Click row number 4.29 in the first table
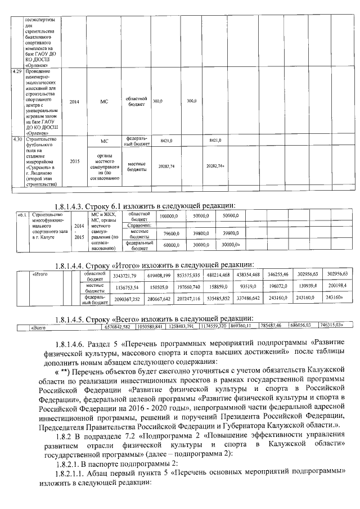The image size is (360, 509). [x=17, y=73]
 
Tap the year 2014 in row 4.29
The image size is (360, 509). [x=74, y=101]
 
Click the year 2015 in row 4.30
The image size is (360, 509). [x=74, y=160]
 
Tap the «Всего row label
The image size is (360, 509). [x=39, y=326]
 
